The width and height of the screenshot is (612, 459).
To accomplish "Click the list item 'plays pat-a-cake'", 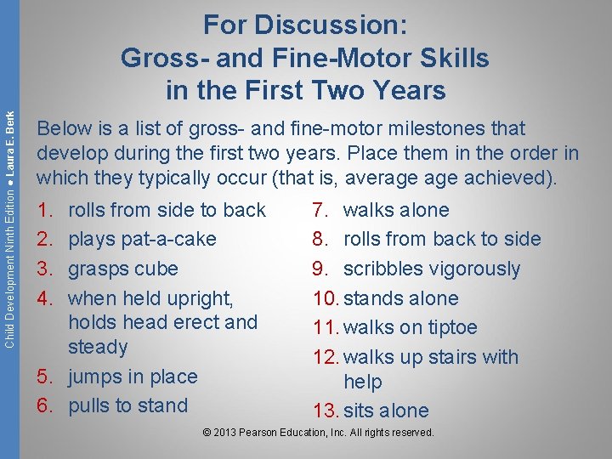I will tap(142, 240).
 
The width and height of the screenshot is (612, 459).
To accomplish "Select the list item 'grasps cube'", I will tap(122, 269).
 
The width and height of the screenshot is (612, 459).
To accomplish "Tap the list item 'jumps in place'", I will tap(132, 377).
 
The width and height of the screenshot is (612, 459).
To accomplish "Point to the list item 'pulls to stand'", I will tap(127, 405).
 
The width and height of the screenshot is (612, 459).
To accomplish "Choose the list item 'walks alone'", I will tap(395, 210).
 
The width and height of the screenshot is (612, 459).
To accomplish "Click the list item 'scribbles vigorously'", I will tap(431, 269).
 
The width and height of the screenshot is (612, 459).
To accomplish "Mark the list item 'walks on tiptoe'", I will tap(410, 327).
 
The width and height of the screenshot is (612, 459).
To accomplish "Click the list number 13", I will tap(326, 411).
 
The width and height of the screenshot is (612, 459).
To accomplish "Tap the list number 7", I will tap(320, 210).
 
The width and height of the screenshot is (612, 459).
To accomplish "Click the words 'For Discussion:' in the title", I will tap(305, 25).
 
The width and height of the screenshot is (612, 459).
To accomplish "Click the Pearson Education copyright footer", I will tap(318, 433).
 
